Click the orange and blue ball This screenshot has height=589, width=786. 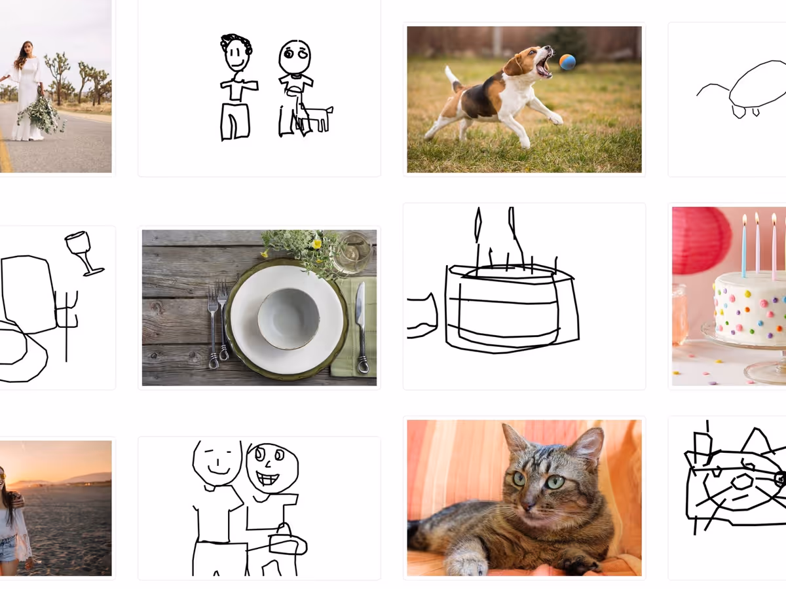567,62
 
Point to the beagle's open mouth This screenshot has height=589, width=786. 543,66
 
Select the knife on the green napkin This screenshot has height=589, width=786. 361,327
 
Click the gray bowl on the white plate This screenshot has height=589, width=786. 288,318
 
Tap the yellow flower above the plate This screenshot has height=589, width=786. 316,244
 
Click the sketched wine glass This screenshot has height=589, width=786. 81,249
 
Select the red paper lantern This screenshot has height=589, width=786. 701,240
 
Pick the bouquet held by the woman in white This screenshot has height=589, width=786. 41,114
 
